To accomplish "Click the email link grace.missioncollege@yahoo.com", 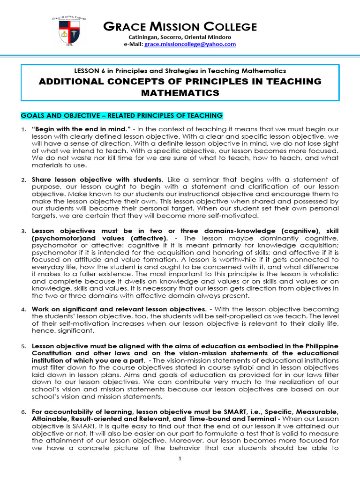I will click(190, 44).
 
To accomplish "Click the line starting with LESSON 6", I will click(180, 71).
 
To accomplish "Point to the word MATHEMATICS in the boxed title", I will click(180, 93).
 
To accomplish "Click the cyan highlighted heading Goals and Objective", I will click(122, 115).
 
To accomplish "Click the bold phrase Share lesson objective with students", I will click(97, 179).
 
